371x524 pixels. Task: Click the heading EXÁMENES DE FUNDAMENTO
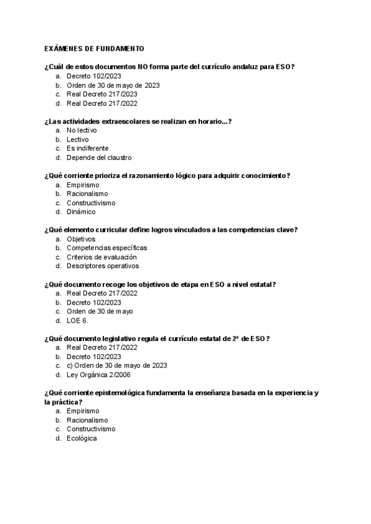click(94, 48)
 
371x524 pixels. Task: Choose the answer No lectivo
click(82, 130)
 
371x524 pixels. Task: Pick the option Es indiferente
click(87, 148)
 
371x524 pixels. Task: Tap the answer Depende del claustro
click(99, 158)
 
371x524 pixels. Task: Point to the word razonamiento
click(151, 175)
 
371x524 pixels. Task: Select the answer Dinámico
click(81, 211)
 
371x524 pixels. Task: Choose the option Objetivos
click(81, 239)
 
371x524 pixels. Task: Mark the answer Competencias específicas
click(107, 248)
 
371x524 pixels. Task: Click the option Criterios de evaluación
click(101, 256)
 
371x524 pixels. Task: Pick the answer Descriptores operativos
click(103, 266)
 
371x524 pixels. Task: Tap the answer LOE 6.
click(77, 320)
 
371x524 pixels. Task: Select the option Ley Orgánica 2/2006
click(98, 374)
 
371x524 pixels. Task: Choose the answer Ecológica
click(82, 438)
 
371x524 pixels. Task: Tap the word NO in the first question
click(146, 67)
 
